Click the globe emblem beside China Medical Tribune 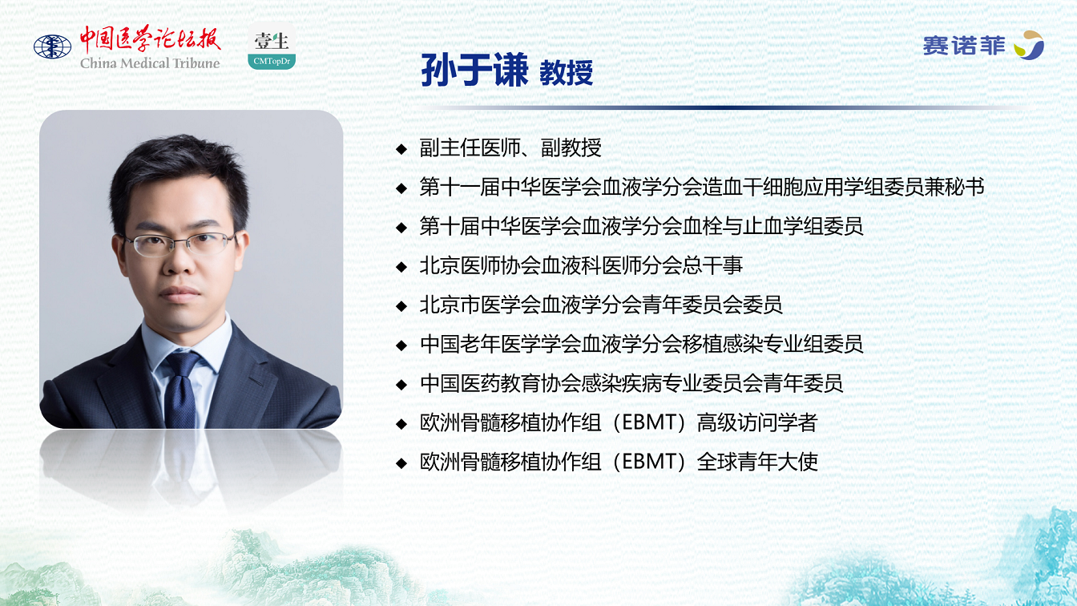[52, 46]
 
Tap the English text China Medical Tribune [150, 63]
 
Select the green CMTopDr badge [272, 61]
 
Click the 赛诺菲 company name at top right [964, 46]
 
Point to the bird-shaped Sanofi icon [1029, 45]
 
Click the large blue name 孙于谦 [474, 71]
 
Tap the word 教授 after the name [567, 73]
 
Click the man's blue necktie [181, 390]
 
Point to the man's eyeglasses [180, 244]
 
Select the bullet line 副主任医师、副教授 [510, 147]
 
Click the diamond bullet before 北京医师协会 [401, 267]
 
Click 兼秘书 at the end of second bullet [954, 187]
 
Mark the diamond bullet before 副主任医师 [401, 148]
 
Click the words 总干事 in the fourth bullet [712, 266]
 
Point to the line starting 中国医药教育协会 [631, 384]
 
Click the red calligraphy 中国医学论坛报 [150, 38]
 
